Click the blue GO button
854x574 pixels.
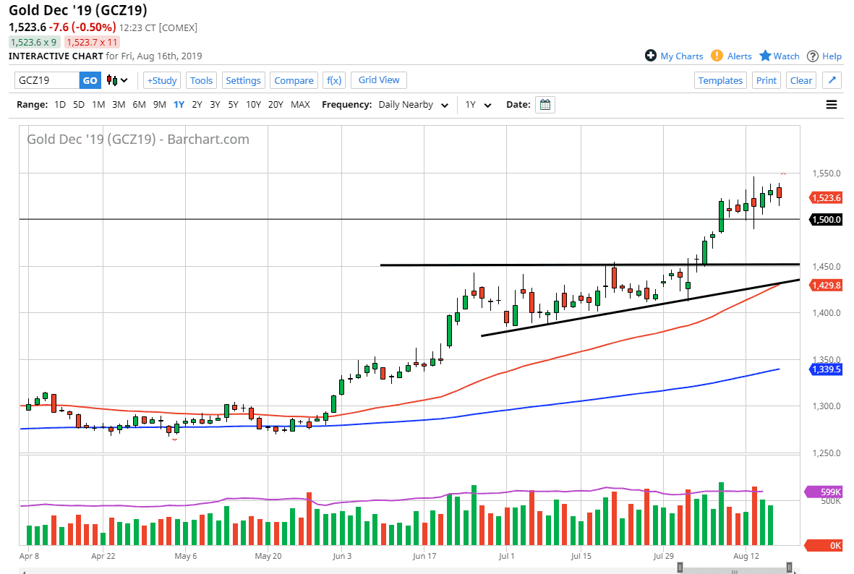click(x=90, y=80)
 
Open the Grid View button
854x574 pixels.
click(x=379, y=80)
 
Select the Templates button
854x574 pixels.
click(x=720, y=80)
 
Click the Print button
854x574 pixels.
click(x=767, y=80)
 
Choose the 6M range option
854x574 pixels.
click(x=139, y=105)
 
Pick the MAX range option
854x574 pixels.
click(x=300, y=105)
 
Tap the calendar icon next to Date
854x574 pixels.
click(x=546, y=105)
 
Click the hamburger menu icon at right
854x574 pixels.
click(x=832, y=105)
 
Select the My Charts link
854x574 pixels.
click(x=674, y=56)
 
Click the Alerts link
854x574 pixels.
click(x=732, y=56)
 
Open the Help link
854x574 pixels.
click(x=824, y=56)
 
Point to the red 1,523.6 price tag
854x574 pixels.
click(x=826, y=198)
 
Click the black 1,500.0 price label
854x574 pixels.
click(x=826, y=219)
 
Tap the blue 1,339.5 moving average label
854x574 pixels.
click(x=826, y=369)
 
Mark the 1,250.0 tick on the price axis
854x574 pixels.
click(x=826, y=453)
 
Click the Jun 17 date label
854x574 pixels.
click(x=424, y=557)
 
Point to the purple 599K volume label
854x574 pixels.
click(x=824, y=492)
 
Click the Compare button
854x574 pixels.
click(x=294, y=80)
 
